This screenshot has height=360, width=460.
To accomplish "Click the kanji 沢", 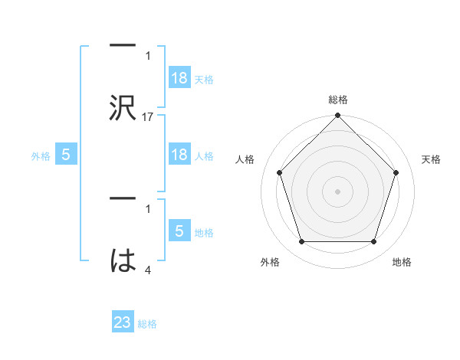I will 123,108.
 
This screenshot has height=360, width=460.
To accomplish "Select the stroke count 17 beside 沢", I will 148,117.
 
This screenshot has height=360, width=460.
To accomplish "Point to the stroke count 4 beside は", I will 148,270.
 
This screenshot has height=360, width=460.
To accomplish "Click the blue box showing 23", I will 123,322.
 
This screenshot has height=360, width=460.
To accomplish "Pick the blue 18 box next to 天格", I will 179,78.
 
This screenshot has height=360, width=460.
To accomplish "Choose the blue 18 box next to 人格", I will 179,155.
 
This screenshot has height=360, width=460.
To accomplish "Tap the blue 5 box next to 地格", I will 179,231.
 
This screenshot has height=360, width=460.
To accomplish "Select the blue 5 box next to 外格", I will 66,155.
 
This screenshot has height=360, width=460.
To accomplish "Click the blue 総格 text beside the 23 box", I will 147,323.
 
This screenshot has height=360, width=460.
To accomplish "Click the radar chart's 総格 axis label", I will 338,100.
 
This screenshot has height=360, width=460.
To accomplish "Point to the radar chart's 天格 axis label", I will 431,159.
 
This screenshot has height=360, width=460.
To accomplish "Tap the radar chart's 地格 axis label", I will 402,262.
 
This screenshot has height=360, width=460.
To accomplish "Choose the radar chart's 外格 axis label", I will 270,262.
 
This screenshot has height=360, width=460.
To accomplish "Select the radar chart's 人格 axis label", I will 245,159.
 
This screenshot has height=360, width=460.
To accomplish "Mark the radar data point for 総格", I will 337,116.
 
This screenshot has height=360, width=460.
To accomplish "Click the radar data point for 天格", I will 396,172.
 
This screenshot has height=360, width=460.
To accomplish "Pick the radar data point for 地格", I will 373,242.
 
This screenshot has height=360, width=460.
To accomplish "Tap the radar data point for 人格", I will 279,172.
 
